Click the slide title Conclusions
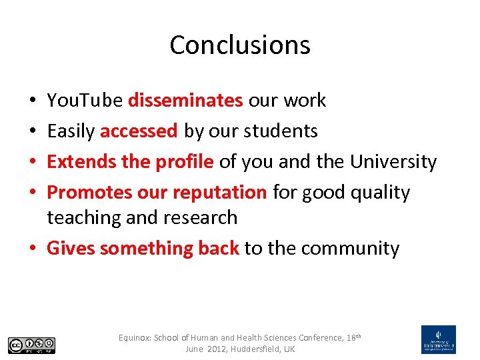(x=240, y=45)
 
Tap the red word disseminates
(x=185, y=100)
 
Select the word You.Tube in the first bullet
(x=85, y=100)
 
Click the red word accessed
(x=139, y=131)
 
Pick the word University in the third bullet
(x=393, y=161)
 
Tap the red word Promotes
(x=89, y=192)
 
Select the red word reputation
(x=219, y=192)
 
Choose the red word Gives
(x=71, y=248)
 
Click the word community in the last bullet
(x=350, y=248)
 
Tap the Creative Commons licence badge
(x=31, y=345)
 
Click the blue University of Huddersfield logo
(x=439, y=339)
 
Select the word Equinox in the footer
(x=135, y=338)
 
